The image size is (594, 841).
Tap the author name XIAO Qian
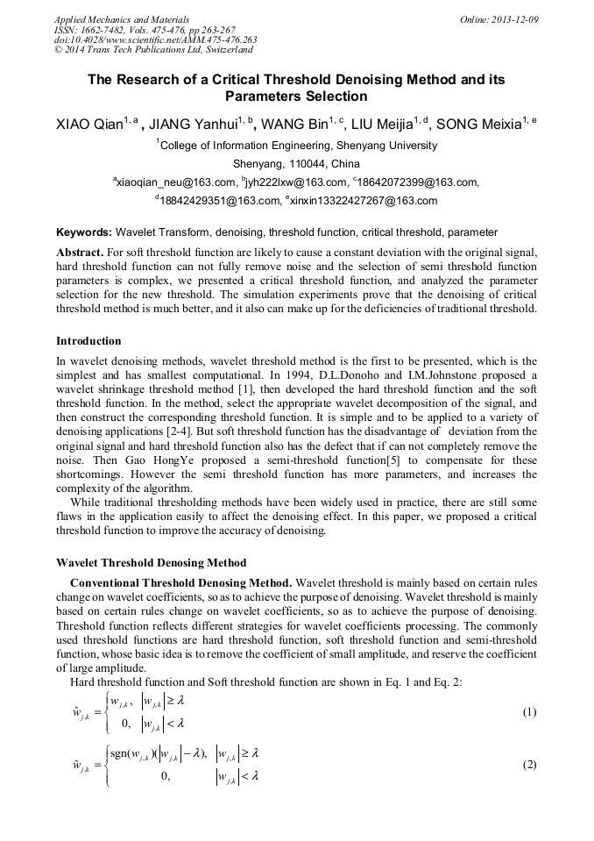click(88, 125)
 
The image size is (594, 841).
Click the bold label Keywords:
click(84, 233)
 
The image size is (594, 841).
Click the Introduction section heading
click(88, 340)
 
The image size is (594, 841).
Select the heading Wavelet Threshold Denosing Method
click(151, 562)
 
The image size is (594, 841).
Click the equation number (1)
click(528, 712)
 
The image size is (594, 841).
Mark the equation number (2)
click(528, 765)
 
